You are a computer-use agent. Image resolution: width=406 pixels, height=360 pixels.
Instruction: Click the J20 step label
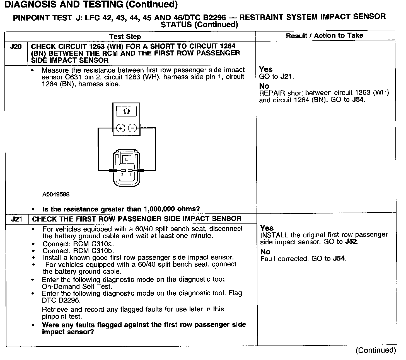(x=16, y=47)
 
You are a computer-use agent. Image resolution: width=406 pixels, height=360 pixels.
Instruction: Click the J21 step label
(x=16, y=219)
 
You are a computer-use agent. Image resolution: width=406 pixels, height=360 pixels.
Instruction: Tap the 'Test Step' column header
(x=125, y=37)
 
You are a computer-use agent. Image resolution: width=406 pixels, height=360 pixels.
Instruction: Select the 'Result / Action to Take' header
(x=325, y=35)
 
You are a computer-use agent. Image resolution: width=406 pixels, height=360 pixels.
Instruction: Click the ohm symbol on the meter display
(x=126, y=111)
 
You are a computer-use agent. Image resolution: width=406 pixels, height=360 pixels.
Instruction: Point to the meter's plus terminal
(x=121, y=128)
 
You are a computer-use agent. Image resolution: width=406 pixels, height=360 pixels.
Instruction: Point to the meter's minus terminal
(x=132, y=128)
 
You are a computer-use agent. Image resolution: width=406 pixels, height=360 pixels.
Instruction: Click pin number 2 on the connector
(x=122, y=175)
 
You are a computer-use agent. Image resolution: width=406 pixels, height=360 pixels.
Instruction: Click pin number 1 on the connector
(x=130, y=175)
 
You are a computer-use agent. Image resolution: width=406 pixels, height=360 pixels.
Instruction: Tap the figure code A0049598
(x=56, y=194)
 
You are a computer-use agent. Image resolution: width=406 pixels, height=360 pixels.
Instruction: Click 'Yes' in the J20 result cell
(x=266, y=69)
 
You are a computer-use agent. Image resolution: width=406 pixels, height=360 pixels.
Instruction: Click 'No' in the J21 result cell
(x=265, y=252)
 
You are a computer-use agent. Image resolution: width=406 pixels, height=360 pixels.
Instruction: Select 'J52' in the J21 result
(x=351, y=242)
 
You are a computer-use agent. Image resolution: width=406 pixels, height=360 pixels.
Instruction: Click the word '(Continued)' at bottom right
(x=376, y=350)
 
